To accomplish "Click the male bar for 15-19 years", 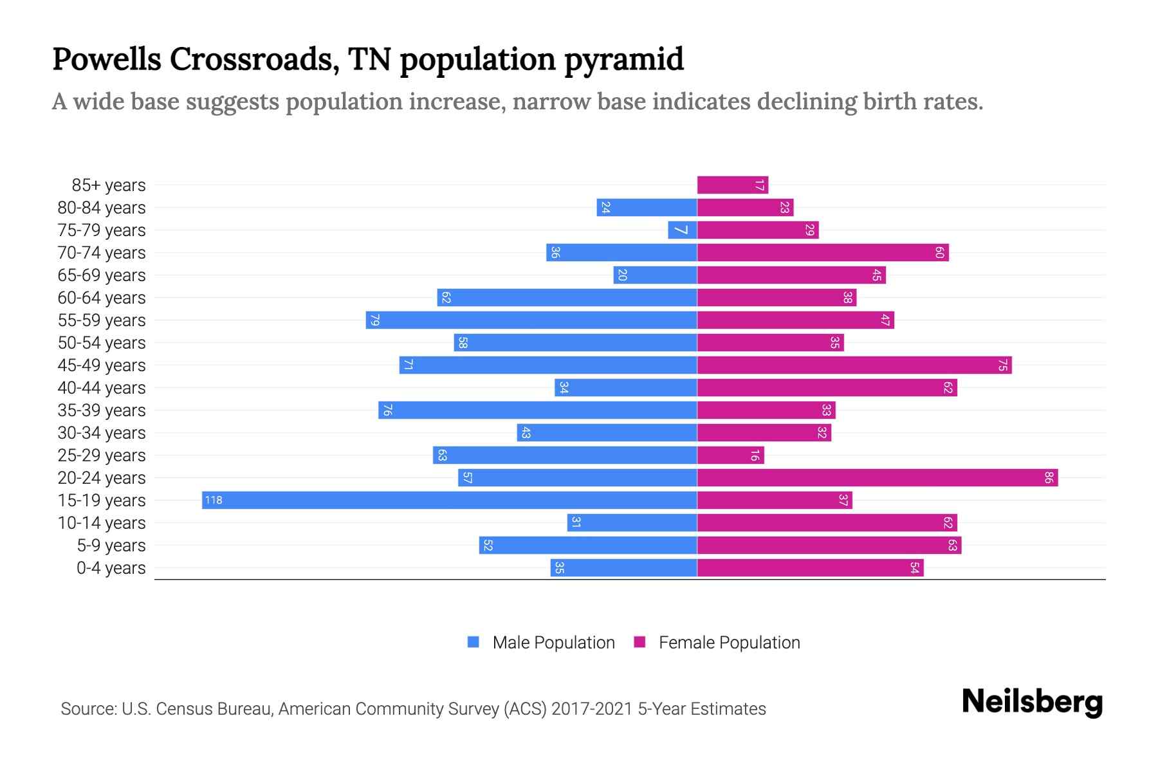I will pyautogui.click(x=450, y=500).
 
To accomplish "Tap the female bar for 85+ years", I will pyautogui.click(x=732, y=185).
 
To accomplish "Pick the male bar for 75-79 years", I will pyautogui.click(x=683, y=230).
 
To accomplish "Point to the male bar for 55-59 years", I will pyautogui.click(x=531, y=320).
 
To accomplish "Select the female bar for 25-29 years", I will pyautogui.click(x=730, y=455).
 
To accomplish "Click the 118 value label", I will pyautogui.click(x=214, y=500).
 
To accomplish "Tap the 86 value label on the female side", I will pyautogui.click(x=1049, y=477).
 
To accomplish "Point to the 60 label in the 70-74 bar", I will pyautogui.click(x=939, y=252).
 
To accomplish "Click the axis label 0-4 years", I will pyautogui.click(x=111, y=568).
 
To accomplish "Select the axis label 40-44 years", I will pyautogui.click(x=102, y=388).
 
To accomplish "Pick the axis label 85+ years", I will pyautogui.click(x=109, y=185).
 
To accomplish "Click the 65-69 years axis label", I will pyautogui.click(x=102, y=275).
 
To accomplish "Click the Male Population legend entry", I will pyautogui.click(x=553, y=642).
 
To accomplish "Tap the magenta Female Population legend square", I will pyautogui.click(x=639, y=642).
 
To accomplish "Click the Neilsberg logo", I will pyautogui.click(x=1032, y=702).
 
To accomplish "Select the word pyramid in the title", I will pyautogui.click(x=624, y=60).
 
